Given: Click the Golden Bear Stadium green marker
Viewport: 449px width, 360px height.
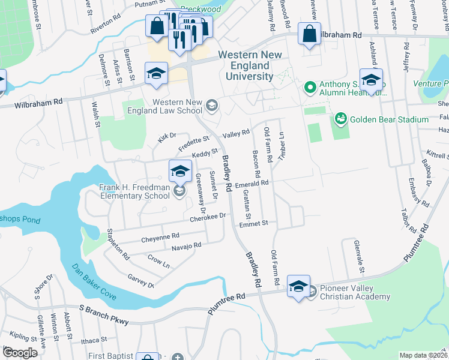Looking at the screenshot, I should (x=340, y=119).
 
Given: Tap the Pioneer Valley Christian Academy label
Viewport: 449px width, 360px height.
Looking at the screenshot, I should (x=355, y=292).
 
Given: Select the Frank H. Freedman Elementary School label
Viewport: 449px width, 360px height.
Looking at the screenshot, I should (x=134, y=191).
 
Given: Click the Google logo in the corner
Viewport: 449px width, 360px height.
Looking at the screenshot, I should (x=20, y=353).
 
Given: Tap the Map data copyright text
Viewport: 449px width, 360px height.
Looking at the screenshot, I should (x=423, y=355).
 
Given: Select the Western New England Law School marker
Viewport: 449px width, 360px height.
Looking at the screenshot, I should (x=211, y=107).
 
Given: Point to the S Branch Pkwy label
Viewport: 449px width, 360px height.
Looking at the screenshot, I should (x=104, y=314).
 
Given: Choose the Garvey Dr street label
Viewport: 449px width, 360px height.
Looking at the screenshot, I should (x=142, y=280).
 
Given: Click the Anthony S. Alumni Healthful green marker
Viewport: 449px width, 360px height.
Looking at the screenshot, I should (x=310, y=88).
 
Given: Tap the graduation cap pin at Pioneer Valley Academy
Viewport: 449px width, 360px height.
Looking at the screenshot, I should (x=298, y=286).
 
